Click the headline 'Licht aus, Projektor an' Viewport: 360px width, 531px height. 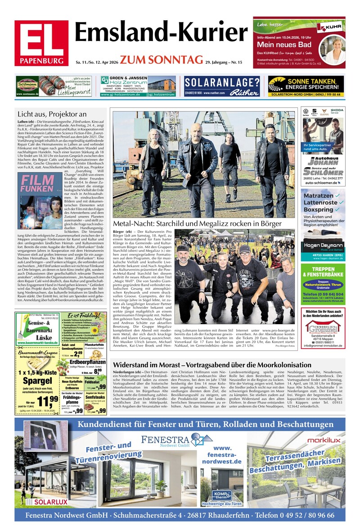click(52, 114)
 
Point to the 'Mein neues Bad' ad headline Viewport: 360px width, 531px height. click(284, 45)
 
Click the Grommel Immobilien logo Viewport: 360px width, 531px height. click(323, 327)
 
